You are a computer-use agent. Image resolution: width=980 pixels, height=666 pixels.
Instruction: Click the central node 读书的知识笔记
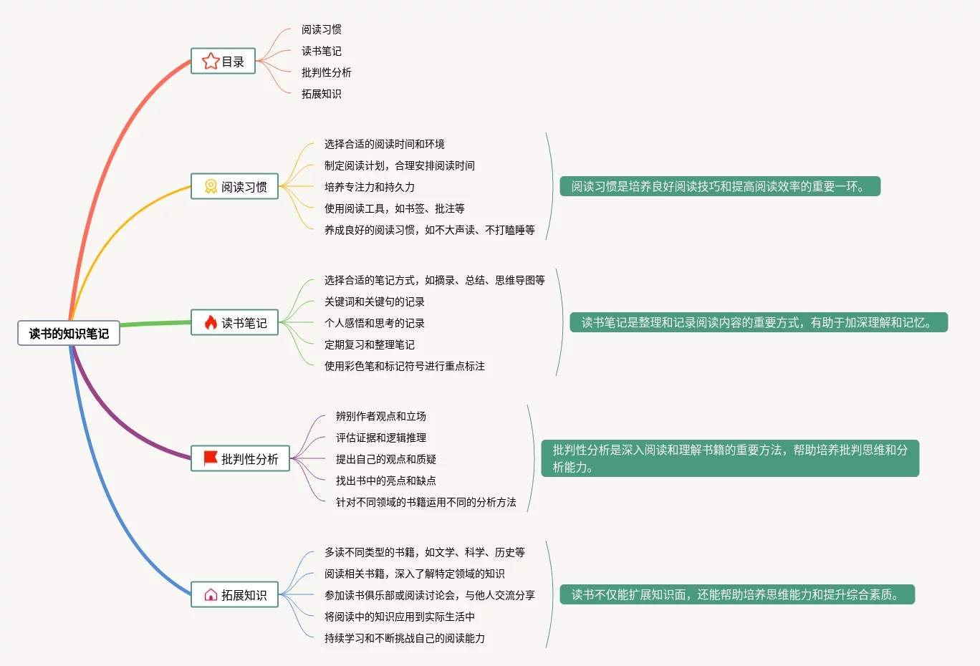(x=69, y=334)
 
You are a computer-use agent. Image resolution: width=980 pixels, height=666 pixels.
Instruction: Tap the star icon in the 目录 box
(x=210, y=62)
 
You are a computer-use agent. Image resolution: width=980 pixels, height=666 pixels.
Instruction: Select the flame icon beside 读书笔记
(x=210, y=323)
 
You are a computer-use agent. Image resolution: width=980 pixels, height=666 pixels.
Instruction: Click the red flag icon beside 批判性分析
(x=211, y=458)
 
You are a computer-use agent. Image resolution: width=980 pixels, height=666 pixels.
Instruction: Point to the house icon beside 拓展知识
(x=211, y=595)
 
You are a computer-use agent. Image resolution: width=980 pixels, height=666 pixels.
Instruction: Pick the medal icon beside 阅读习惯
(x=211, y=187)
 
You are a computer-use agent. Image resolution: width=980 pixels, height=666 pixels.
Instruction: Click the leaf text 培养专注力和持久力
(x=369, y=187)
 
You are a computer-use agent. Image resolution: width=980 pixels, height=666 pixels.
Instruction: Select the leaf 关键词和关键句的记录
(x=374, y=301)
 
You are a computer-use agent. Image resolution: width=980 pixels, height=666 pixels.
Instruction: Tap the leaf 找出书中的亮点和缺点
(x=385, y=481)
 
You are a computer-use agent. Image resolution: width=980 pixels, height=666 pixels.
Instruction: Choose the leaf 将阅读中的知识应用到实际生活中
(x=399, y=617)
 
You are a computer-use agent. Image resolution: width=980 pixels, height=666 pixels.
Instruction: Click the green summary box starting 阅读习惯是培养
(x=719, y=187)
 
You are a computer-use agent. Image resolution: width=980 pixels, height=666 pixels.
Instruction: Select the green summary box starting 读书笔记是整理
(x=759, y=323)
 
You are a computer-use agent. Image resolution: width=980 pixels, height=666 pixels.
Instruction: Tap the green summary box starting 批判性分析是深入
(x=729, y=458)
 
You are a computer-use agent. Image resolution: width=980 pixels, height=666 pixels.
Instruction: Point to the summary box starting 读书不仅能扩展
(x=736, y=594)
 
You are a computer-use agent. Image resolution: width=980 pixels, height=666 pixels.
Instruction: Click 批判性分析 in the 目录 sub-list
(x=326, y=72)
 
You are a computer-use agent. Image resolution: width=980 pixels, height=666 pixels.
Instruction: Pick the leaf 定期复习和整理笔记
(x=369, y=344)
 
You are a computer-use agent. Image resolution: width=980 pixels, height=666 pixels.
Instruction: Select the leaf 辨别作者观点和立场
(x=380, y=416)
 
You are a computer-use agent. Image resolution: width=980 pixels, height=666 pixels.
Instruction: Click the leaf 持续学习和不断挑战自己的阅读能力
(x=404, y=638)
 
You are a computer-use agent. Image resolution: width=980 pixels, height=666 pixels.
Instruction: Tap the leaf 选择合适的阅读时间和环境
(x=384, y=144)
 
